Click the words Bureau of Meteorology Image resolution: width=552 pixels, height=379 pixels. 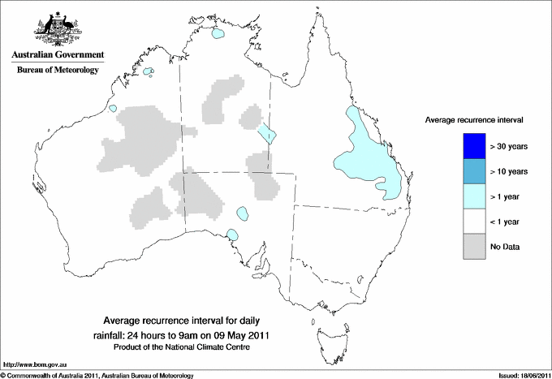[x=57, y=71]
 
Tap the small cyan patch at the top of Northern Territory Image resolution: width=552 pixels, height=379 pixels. [x=218, y=34]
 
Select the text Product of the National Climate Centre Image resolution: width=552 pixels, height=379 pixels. [x=183, y=347]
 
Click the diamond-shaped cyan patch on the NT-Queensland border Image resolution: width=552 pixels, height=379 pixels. [x=268, y=133]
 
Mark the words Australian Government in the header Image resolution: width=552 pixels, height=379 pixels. [x=57, y=55]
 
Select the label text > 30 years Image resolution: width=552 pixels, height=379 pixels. [x=509, y=146]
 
